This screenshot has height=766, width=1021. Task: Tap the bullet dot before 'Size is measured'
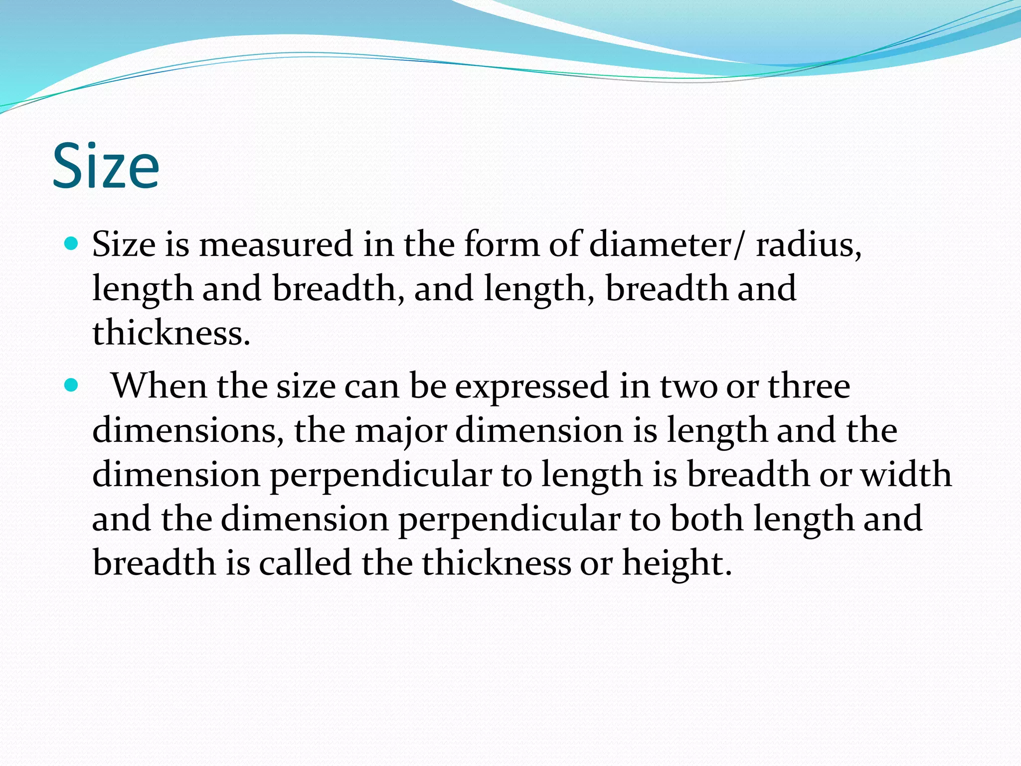tap(72, 244)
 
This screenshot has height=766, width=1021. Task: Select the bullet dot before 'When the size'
tap(72, 385)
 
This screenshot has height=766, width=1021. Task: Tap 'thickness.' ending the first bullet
tap(171, 333)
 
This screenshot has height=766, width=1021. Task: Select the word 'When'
tap(159, 386)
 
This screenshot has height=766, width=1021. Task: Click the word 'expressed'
tap(532, 388)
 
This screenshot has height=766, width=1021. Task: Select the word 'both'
tap(706, 519)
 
